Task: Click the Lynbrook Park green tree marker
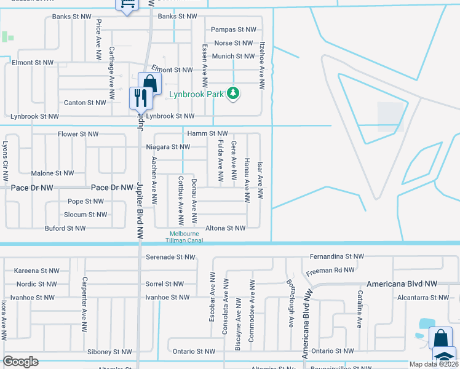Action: [233, 93]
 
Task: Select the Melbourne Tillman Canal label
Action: [185, 237]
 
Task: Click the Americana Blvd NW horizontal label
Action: [402, 284]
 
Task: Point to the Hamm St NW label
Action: [208, 133]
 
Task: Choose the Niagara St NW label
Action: [168, 147]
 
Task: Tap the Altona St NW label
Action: [226, 228]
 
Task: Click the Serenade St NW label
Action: [171, 257]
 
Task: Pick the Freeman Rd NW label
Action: [330, 270]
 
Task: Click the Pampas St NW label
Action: [233, 30]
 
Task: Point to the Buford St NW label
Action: [65, 228]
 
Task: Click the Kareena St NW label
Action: [37, 271]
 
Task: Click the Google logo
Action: [20, 362]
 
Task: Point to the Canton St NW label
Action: [85, 103]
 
